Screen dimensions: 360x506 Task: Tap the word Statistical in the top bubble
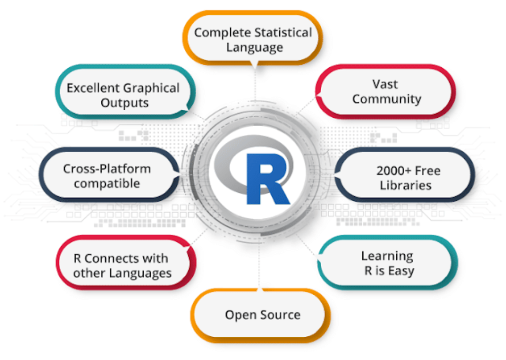click(283, 33)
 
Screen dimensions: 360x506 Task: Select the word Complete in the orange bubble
click(222, 33)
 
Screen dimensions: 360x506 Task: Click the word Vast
click(385, 84)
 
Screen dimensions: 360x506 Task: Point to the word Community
click(386, 99)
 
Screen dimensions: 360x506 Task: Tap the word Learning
click(387, 256)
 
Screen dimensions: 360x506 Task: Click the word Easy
click(401, 271)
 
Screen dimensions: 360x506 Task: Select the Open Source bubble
click(262, 315)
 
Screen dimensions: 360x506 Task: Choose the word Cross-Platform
click(107, 169)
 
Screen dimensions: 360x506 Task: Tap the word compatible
click(107, 183)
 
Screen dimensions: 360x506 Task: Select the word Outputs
click(125, 103)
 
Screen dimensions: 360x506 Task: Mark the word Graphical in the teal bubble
click(152, 89)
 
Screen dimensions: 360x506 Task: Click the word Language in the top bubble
click(254, 47)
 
